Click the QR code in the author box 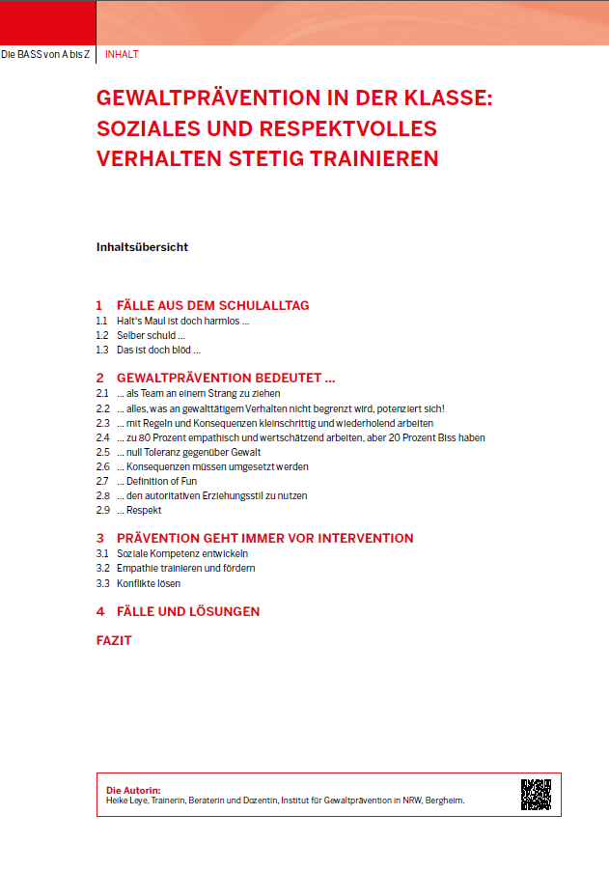[536, 794]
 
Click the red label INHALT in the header [122, 54]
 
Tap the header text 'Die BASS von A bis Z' [45, 54]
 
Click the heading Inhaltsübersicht [142, 246]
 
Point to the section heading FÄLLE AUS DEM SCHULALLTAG [212, 305]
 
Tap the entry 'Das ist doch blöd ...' [158, 350]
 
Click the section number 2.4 [102, 437]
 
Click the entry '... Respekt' [139, 510]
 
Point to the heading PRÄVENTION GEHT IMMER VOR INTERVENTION [264, 538]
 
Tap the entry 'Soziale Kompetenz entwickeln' [182, 554]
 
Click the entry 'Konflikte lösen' [149, 583]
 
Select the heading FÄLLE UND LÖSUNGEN [187, 611]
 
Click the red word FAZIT [114, 640]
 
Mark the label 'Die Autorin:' [133, 789]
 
